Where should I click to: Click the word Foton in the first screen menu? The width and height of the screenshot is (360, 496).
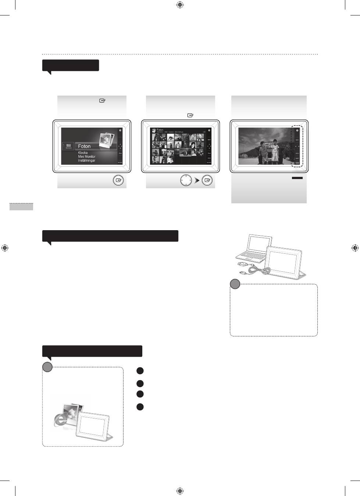(x=84, y=146)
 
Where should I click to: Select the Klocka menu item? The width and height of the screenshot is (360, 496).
(x=83, y=153)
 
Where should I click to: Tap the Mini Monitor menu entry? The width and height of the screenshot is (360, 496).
(x=86, y=157)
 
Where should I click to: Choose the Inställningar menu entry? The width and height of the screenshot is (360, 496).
(x=86, y=161)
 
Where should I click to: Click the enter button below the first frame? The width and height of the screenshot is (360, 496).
(x=118, y=181)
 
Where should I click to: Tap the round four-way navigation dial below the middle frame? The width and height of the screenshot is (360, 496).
(x=186, y=181)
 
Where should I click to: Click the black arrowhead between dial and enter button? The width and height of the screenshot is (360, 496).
(x=197, y=181)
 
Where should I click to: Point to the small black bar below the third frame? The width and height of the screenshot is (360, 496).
(x=297, y=178)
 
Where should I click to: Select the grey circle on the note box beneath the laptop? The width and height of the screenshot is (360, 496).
(x=235, y=284)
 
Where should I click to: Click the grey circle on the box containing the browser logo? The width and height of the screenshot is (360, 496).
(x=47, y=367)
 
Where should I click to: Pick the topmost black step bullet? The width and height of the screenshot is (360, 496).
(x=140, y=371)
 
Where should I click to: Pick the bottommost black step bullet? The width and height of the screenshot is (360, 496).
(x=140, y=407)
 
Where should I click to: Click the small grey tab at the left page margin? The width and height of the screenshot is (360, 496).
(x=21, y=207)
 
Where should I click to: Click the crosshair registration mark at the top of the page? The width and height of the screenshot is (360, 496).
(x=180, y=5)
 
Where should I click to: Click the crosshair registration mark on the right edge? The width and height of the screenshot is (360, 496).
(x=355, y=248)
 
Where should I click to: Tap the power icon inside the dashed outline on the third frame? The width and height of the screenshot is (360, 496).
(x=297, y=131)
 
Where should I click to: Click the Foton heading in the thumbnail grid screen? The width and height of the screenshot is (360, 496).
(x=160, y=130)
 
